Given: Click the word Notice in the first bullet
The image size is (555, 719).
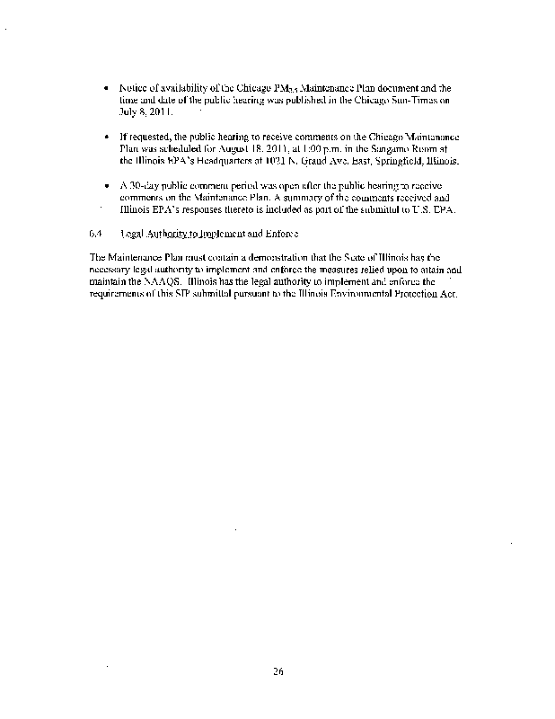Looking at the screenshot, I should [132, 88].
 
